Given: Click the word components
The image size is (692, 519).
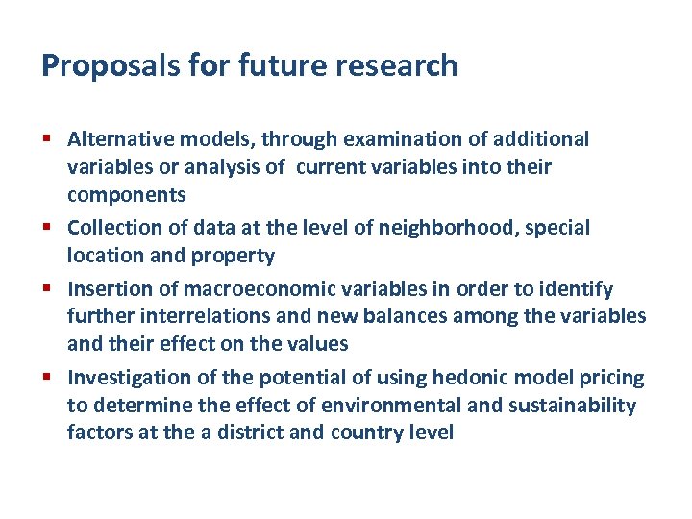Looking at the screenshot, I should point(126,195).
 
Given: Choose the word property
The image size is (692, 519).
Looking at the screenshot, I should point(238,256).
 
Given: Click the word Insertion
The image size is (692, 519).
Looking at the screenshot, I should point(106,289).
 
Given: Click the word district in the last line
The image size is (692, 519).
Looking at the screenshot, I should point(250,432).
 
